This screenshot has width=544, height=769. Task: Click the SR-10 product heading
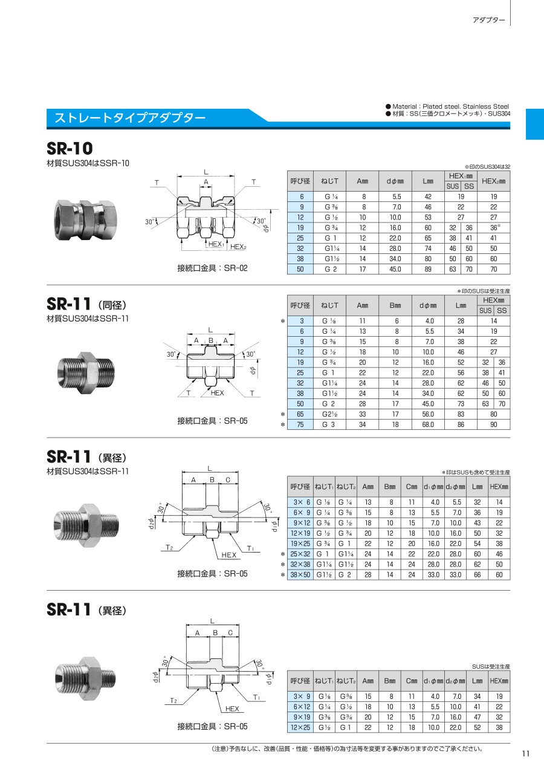(70, 148)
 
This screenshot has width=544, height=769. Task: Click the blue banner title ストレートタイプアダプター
(130, 118)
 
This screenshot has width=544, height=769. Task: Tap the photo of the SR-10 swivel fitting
(85, 220)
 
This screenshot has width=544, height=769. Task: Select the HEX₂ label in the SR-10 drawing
(238, 247)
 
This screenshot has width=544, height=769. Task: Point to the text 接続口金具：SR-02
(212, 268)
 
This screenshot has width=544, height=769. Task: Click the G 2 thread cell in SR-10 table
(330, 269)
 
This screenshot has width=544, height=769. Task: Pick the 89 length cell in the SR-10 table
(428, 269)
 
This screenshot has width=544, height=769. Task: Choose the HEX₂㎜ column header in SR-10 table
(494, 181)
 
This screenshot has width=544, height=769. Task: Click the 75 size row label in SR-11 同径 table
(300, 424)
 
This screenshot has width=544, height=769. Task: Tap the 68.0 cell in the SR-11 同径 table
(429, 424)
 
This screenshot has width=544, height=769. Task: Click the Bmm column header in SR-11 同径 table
(395, 305)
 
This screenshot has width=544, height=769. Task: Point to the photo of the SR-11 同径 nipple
(86, 372)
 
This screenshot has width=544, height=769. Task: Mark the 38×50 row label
(300, 575)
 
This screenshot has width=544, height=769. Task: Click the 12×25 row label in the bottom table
(300, 727)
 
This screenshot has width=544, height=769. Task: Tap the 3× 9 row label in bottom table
(302, 696)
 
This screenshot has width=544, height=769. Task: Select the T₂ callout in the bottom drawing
(173, 700)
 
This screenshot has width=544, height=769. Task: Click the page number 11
(525, 754)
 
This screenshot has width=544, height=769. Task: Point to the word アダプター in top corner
(489, 21)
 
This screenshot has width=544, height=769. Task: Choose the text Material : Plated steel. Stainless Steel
(450, 106)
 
